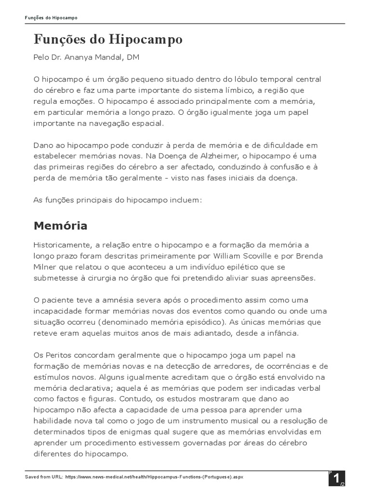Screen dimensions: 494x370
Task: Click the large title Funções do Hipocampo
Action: point(108,39)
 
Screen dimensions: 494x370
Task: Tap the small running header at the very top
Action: point(51,18)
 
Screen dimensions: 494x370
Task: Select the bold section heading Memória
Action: point(60,225)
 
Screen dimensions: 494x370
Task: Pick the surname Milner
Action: point(45,267)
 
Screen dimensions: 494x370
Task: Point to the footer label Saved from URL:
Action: point(43,477)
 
